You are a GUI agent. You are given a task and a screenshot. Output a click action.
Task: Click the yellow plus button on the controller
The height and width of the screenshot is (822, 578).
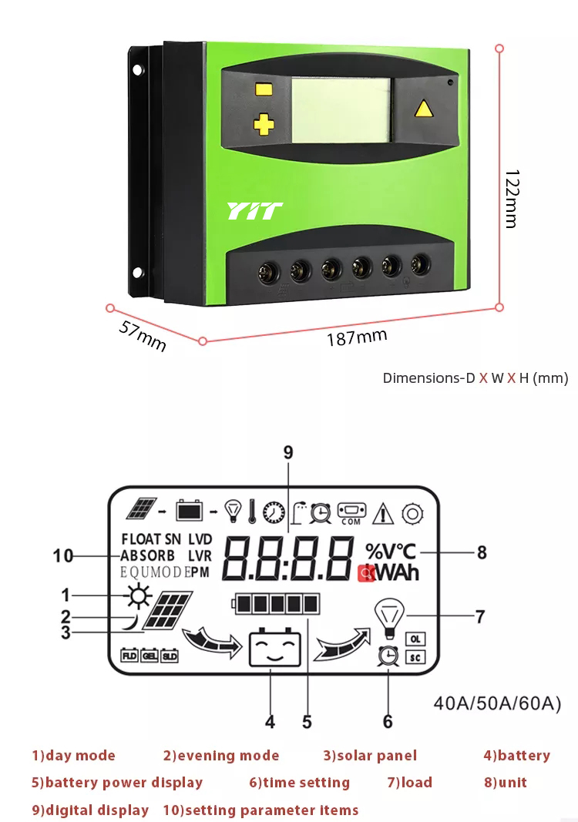pos(264,124)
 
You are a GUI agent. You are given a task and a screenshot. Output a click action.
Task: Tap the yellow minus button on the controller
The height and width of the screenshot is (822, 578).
pos(264,89)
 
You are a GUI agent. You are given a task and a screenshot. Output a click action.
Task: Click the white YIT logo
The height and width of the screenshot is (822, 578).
pos(254,211)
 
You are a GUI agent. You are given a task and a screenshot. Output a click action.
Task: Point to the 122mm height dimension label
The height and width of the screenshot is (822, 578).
pos(509,198)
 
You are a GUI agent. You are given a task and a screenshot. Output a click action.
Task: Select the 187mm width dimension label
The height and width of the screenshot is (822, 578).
pos(356,337)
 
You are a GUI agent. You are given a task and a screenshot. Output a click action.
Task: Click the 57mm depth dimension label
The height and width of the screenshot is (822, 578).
pos(143,336)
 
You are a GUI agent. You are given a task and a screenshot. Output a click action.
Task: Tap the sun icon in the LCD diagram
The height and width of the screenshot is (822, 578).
pos(138,596)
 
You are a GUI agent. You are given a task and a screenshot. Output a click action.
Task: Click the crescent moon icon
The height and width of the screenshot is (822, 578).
pos(135,621)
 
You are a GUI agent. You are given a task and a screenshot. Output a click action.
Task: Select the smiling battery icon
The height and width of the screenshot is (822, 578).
pos(274,649)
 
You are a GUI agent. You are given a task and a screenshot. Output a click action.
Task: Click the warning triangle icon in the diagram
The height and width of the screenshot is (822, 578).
pos(383,512)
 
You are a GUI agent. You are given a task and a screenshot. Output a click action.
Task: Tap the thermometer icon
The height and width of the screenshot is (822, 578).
pos(252,510)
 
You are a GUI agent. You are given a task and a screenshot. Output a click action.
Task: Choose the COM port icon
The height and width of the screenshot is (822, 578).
pos(351,512)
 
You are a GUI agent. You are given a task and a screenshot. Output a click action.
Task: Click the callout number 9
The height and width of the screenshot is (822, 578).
pos(288,452)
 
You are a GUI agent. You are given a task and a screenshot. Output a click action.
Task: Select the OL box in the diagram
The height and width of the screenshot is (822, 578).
pos(415,639)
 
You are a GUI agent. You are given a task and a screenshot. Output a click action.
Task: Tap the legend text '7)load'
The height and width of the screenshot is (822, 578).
pos(409,782)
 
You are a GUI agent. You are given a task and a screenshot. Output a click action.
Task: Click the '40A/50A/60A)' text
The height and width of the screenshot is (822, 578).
pos(497,703)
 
